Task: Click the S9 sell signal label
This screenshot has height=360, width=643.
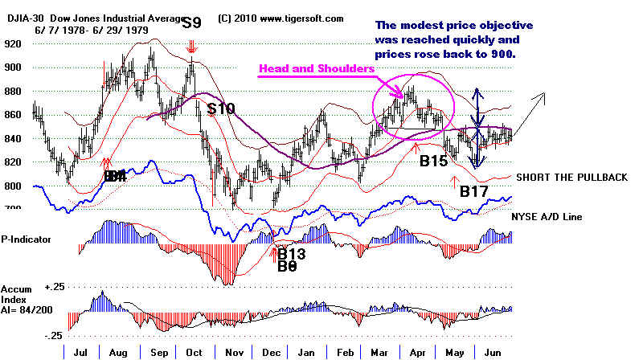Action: [191, 22]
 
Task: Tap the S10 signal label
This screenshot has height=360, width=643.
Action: [220, 108]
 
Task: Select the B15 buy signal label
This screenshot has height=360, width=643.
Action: [433, 161]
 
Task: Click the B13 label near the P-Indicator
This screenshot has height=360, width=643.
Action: [293, 254]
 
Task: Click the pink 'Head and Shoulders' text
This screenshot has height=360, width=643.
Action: [316, 70]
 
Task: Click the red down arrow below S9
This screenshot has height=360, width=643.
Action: [191, 47]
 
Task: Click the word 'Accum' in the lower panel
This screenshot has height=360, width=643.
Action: [16, 288]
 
